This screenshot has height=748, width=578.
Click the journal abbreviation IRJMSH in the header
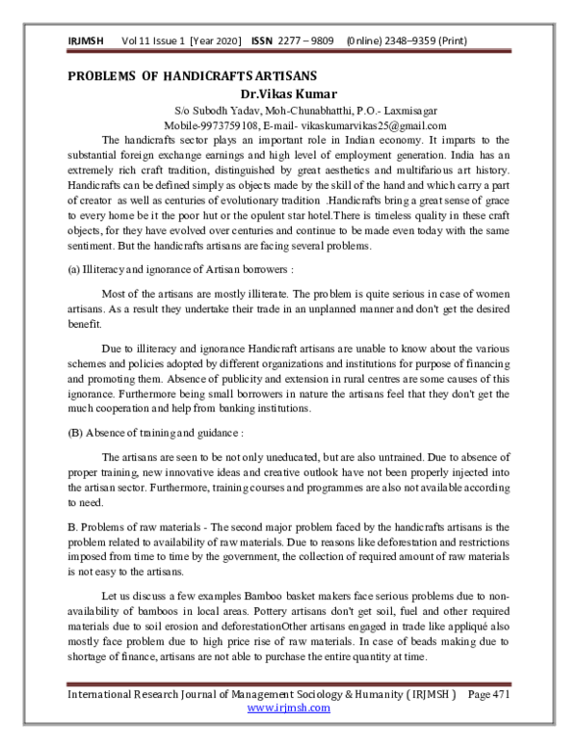(87, 40)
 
